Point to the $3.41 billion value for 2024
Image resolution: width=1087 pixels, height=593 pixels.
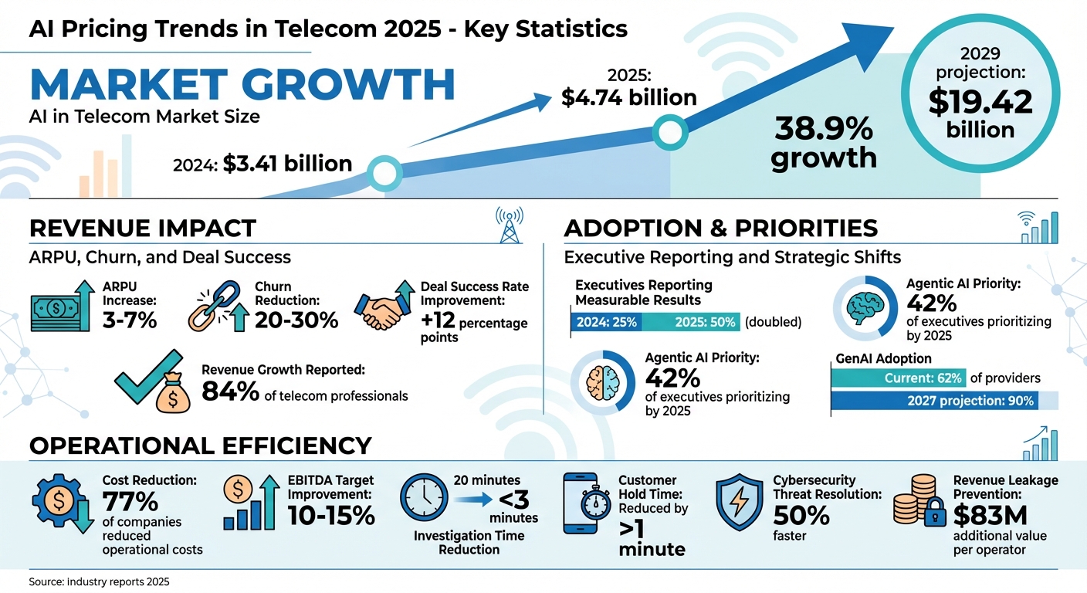click(x=287, y=163)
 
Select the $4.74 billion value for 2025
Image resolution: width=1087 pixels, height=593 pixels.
click(x=629, y=98)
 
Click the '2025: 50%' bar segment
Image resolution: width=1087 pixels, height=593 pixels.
click(x=691, y=322)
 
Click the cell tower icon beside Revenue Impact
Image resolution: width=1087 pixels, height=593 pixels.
click(x=506, y=223)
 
